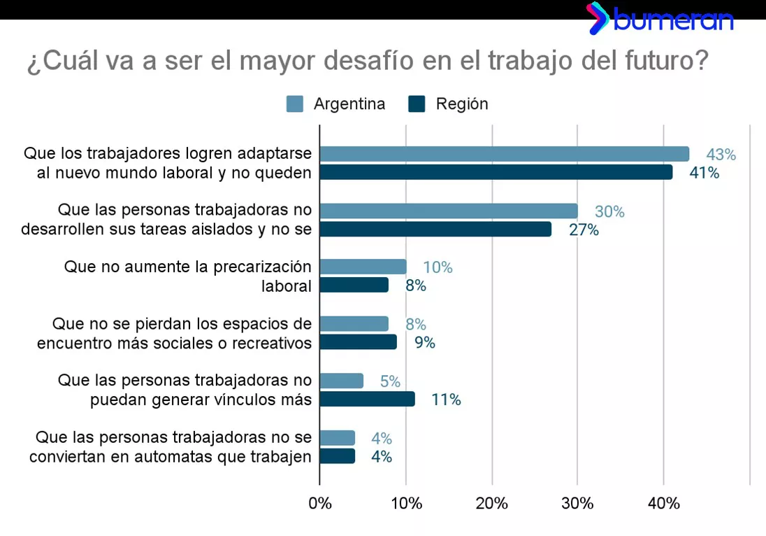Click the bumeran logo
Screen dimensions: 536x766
pyautogui.click(x=660, y=19)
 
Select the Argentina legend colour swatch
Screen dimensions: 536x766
pyautogui.click(x=295, y=104)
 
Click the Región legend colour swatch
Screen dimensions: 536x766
pyautogui.click(x=417, y=104)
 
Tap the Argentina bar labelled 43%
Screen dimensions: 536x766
pyautogui.click(x=504, y=154)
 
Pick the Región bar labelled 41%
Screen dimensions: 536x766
pyautogui.click(x=496, y=172)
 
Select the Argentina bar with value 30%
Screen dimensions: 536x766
pyautogui.click(x=449, y=211)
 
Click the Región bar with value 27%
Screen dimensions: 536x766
pyautogui.click(x=435, y=230)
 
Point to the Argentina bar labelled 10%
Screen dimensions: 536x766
pyautogui.click(x=363, y=267)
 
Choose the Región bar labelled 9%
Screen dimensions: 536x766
pyautogui.click(x=358, y=342)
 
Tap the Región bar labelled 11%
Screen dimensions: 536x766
pyautogui.click(x=367, y=399)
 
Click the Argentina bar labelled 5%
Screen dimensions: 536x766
pyautogui.click(x=341, y=381)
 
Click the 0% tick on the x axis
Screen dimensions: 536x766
pyautogui.click(x=320, y=504)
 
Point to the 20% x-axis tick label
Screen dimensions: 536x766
pyautogui.click(x=492, y=504)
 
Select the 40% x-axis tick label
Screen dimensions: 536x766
pyautogui.click(x=663, y=504)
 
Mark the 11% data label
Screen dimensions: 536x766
pyautogui.click(x=446, y=400)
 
